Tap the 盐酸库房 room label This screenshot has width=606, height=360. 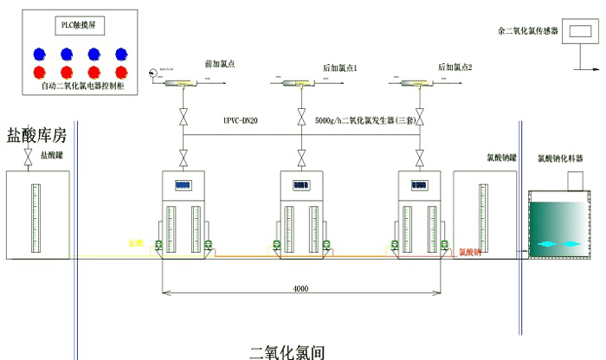(x=36, y=134)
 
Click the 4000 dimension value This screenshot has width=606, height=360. (x=300, y=289)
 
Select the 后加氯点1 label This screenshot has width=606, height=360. (x=340, y=67)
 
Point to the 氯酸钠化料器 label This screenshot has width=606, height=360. (x=560, y=159)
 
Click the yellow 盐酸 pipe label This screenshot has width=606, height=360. (x=135, y=243)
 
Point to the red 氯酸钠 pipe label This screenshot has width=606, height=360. (x=470, y=253)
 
